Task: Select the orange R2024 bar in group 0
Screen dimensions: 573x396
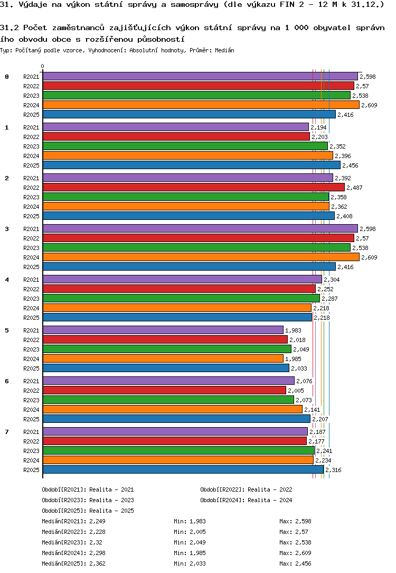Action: pyautogui.click(x=201, y=105)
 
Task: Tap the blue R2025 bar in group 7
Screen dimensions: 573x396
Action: pyautogui.click(x=183, y=470)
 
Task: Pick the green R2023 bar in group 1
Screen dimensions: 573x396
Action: pyautogui.click(x=185, y=146)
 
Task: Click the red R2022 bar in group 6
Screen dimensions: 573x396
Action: pyautogui.click(x=164, y=391)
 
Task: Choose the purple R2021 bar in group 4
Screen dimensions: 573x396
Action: pyautogui.click(x=182, y=280)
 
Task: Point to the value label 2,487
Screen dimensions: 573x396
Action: pyautogui.click(x=355, y=188)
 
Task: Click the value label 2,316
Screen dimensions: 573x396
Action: pyautogui.click(x=334, y=470)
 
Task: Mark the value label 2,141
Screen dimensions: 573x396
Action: pyautogui.click(x=313, y=410)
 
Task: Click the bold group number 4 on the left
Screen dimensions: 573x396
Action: pyautogui.click(x=7, y=280)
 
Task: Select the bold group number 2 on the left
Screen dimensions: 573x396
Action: pyautogui.click(x=7, y=178)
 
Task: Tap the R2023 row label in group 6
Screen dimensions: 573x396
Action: pyautogui.click(x=31, y=400)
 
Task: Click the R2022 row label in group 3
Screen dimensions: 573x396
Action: pyautogui.click(x=31, y=238)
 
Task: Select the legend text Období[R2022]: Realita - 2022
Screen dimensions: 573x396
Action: pyautogui.click(x=246, y=490)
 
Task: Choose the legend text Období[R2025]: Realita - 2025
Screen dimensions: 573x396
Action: pyautogui.click(x=88, y=511)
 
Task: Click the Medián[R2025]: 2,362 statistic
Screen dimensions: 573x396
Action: pyautogui.click(x=73, y=564)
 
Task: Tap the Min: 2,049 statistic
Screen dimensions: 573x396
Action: pyautogui.click(x=190, y=543)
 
